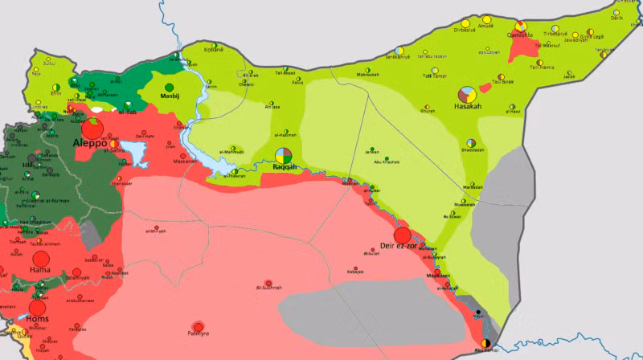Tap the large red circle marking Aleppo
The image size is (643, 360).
[x=92, y=128]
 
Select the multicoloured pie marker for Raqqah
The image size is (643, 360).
[x=282, y=156]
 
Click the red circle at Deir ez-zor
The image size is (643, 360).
[x=403, y=235]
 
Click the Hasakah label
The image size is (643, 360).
[x=469, y=107]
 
